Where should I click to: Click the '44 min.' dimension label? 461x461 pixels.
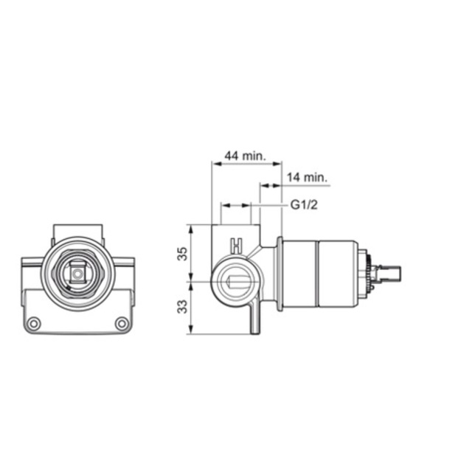coord(245,156)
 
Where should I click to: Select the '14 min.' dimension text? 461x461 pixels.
coord(307,177)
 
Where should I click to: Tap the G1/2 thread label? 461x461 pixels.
coord(304,204)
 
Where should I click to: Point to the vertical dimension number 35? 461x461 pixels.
coord(182,254)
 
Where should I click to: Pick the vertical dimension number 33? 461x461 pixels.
coord(182,306)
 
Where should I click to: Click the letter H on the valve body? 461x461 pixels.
coord(236,246)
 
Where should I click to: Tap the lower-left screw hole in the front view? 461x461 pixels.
coord(34,323)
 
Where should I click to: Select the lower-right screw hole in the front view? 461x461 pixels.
coord(122,323)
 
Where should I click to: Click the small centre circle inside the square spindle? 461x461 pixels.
coord(77,274)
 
